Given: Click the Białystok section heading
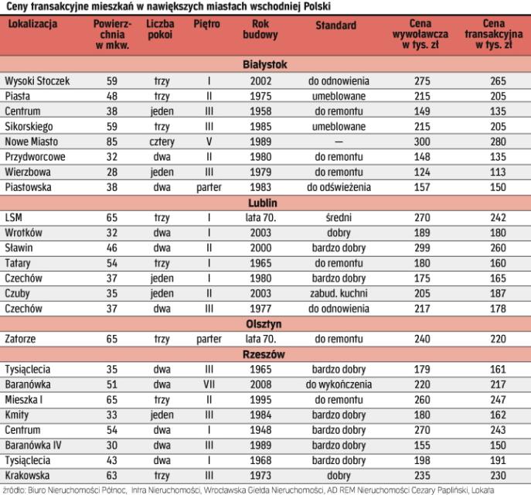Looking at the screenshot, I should pos(265,65).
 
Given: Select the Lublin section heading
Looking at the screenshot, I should pos(265,203).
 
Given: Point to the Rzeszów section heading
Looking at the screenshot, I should pos(265,354).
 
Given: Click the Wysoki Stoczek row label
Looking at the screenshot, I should pos(36,80).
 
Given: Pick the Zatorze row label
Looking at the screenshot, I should pos(22,340).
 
